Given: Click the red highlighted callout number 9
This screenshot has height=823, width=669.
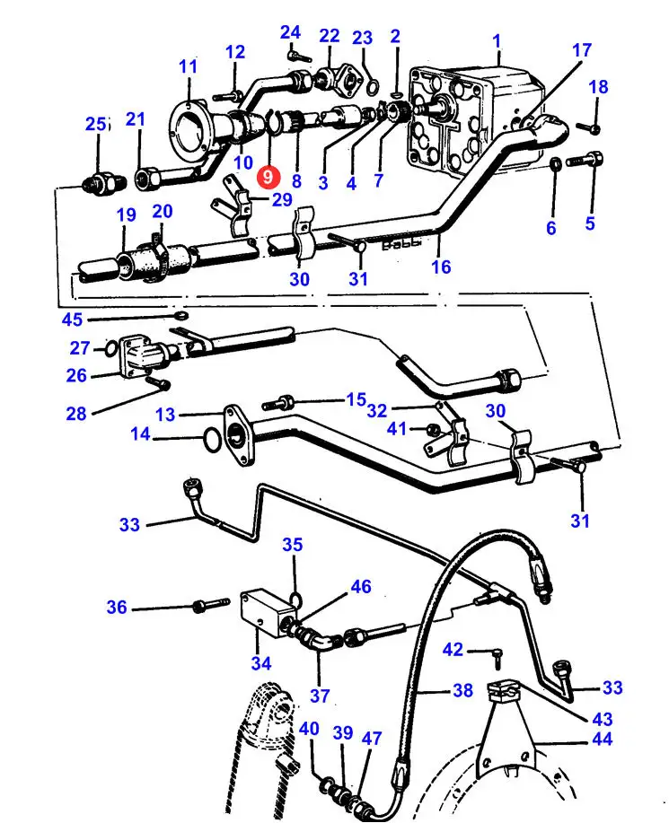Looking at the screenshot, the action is click(x=268, y=177).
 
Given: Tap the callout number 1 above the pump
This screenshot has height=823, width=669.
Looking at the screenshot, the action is click(x=497, y=41).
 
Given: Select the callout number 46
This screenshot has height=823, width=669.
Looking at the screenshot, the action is click(x=361, y=586).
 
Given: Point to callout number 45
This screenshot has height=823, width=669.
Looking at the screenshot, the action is click(x=72, y=320).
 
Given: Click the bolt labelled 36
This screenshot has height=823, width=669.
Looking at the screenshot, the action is click(x=211, y=604).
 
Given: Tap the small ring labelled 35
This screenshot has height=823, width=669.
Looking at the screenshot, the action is click(x=295, y=599).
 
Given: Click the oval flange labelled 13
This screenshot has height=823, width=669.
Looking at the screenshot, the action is click(x=240, y=435).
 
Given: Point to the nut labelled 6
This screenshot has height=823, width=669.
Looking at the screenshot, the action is click(x=556, y=163).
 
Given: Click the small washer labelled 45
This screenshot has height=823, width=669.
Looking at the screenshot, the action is click(x=181, y=316).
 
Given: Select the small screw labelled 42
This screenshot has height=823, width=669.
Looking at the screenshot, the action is click(x=497, y=658).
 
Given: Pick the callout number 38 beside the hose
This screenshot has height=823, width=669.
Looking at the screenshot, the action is click(x=462, y=689).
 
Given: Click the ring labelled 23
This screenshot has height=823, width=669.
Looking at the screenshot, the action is click(x=373, y=85).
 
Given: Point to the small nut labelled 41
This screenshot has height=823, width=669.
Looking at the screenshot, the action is click(x=434, y=429).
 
